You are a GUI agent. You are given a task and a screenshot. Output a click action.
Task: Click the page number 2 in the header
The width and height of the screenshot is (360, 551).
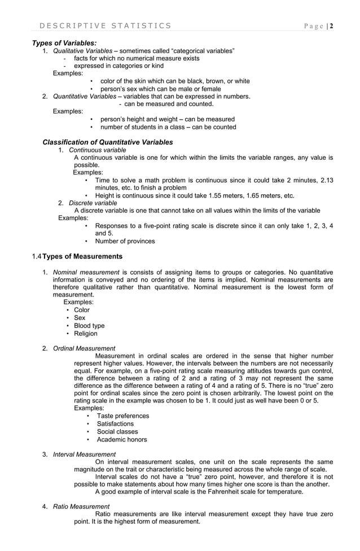pyautogui.click(x=332, y=25)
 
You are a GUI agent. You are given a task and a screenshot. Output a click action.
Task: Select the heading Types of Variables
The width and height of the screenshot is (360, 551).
pyautogui.click(x=64, y=43)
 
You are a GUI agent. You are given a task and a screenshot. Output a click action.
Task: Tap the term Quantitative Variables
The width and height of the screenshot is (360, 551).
pyautogui.click(x=85, y=96)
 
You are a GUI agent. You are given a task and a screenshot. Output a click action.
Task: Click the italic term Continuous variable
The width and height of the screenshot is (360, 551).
pyautogui.click(x=97, y=150)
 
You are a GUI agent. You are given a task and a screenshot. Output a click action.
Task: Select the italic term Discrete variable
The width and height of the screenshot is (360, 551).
pyautogui.click(x=93, y=203)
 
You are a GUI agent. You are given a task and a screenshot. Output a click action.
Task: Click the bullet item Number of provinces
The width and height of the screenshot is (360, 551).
pyautogui.click(x=125, y=241)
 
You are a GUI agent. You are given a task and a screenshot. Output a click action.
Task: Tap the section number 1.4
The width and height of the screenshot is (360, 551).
pyautogui.click(x=37, y=257)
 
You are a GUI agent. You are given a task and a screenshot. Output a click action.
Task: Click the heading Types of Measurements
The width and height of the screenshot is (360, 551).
pyautogui.click(x=82, y=257)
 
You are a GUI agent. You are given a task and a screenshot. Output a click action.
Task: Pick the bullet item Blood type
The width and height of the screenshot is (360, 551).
pyautogui.click(x=89, y=326)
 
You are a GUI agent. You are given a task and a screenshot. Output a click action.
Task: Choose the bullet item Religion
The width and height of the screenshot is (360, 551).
pyautogui.click(x=86, y=334)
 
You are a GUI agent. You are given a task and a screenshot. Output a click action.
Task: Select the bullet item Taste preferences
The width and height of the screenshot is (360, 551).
pyautogui.click(x=123, y=416)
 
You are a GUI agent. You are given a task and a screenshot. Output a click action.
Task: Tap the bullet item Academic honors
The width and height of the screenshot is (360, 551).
pyautogui.click(x=122, y=440)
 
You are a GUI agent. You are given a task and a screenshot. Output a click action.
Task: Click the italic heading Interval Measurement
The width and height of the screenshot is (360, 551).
pyautogui.click(x=84, y=454)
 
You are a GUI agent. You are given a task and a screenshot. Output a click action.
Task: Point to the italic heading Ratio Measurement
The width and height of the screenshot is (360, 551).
pyautogui.click(x=81, y=506)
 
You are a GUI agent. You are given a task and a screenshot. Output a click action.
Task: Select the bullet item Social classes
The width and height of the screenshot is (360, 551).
pyautogui.click(x=117, y=432)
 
